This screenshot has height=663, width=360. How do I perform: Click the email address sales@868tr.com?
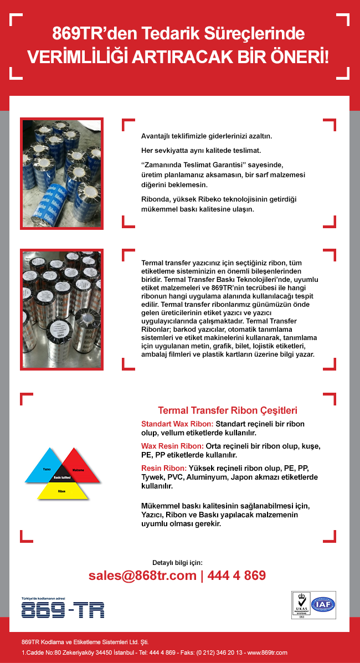click(142, 575)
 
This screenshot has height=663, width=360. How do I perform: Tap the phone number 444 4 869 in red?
click(236, 575)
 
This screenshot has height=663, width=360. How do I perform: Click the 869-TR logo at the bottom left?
click(63, 610)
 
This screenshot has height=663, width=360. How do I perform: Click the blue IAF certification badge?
click(325, 605)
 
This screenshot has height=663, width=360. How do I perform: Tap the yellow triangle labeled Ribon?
click(61, 491)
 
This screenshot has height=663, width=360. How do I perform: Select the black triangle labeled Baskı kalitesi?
click(62, 477)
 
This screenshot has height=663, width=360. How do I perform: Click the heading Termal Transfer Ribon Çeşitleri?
click(228, 410)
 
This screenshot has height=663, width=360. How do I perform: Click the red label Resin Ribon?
click(164, 468)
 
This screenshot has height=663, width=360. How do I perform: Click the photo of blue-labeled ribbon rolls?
click(61, 173)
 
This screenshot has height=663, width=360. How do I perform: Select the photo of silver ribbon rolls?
click(61, 310)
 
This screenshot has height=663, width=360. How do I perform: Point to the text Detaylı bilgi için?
click(177, 563)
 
